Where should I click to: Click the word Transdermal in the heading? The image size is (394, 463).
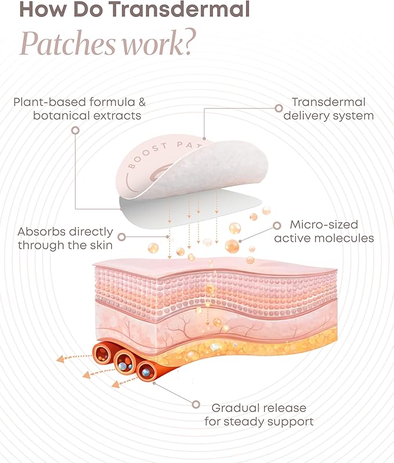pos(180,9)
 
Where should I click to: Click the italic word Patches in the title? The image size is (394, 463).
pos(68,44)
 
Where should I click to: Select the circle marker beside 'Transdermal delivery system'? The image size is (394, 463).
pos(279,108)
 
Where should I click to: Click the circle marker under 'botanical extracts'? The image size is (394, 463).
pos(75,130)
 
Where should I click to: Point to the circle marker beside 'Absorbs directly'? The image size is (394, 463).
pos(121,237)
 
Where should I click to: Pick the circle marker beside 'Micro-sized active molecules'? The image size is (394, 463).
pos(277,225)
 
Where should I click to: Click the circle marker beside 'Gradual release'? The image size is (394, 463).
pos(196,404)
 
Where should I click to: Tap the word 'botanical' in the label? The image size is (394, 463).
pos(61,116)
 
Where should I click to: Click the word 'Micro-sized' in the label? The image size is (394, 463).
pos(324,225)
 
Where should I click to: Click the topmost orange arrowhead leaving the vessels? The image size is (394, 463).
pos(60,359)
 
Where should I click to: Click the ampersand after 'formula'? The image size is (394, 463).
pos(142,102)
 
